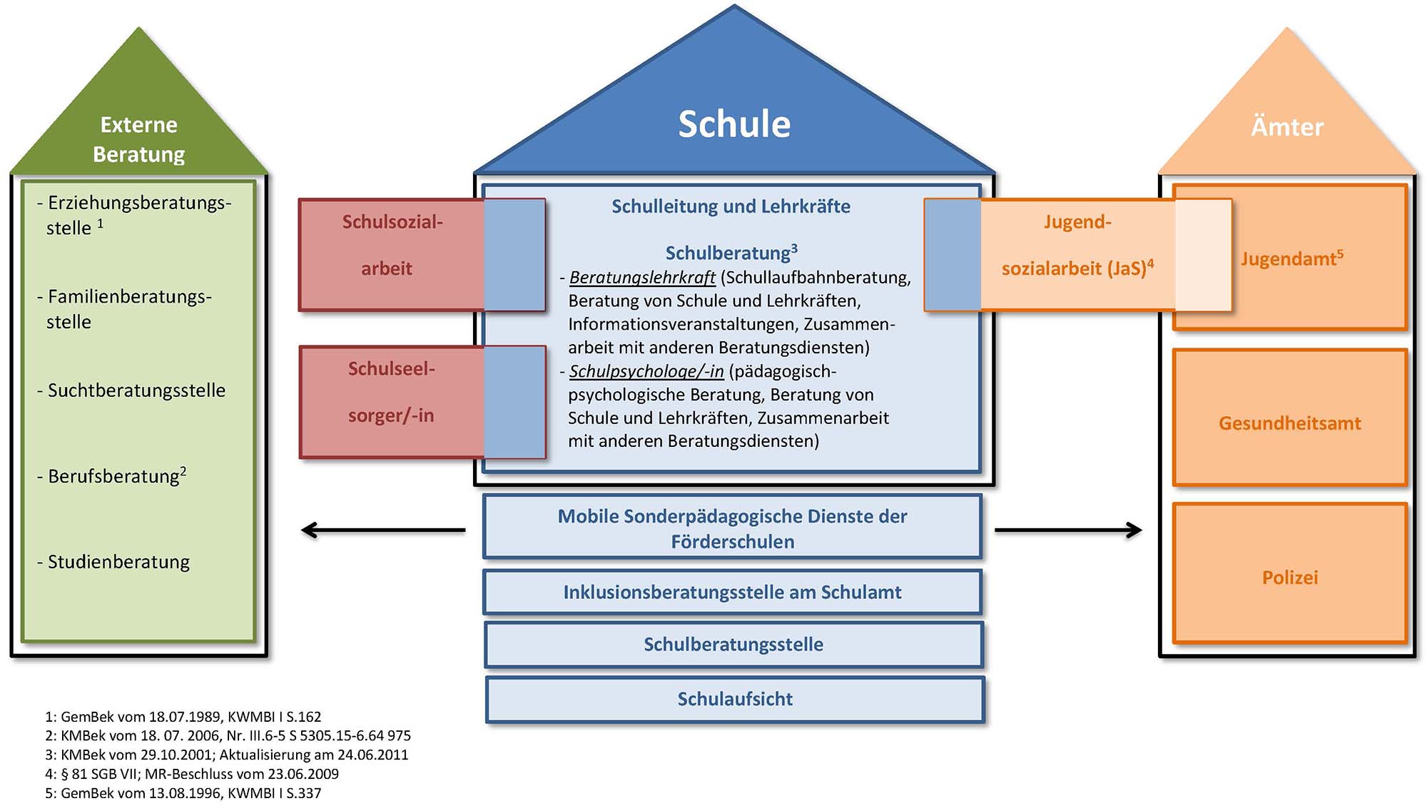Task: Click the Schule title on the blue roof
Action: (x=733, y=124)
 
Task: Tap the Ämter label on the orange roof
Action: (x=1286, y=127)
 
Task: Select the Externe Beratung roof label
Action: (x=139, y=139)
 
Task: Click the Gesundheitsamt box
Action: (x=1289, y=423)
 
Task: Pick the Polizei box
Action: (x=1289, y=577)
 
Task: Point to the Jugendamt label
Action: (x=1291, y=258)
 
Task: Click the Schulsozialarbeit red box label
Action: (x=391, y=245)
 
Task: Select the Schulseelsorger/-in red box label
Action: (x=391, y=392)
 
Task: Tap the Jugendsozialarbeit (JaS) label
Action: (x=1077, y=245)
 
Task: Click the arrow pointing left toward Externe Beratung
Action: (x=382, y=530)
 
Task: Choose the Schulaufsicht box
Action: (x=734, y=699)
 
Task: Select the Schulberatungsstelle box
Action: (x=733, y=644)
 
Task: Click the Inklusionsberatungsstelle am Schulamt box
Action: (x=732, y=592)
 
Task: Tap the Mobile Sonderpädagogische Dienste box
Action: (x=732, y=528)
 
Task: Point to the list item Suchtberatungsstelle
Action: (x=136, y=391)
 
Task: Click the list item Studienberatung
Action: (x=118, y=562)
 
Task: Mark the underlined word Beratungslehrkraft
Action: (x=642, y=278)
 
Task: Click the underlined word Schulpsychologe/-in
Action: (x=646, y=371)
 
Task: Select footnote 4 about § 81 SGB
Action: (x=192, y=774)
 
